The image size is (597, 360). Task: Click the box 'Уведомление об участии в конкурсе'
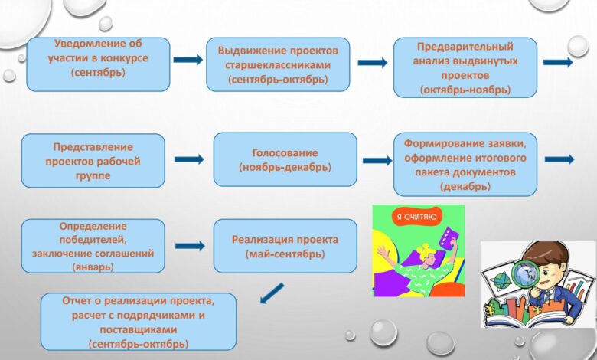click(98, 64)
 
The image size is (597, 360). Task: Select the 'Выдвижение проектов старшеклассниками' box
click(278, 64)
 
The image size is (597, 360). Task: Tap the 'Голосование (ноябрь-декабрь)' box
click(285, 159)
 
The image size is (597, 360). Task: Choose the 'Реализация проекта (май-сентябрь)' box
click(285, 246)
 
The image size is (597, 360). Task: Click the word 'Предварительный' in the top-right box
click(465, 47)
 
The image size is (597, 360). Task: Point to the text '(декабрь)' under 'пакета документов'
click(465, 187)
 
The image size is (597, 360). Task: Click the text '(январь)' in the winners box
click(93, 267)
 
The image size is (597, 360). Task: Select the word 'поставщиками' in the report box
click(139, 329)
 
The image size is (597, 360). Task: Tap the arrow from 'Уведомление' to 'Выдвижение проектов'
click(188, 60)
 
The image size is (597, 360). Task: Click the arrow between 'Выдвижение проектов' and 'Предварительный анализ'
click(373, 63)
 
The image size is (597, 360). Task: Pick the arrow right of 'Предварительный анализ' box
click(558, 62)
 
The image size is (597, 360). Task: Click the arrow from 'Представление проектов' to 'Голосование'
click(189, 159)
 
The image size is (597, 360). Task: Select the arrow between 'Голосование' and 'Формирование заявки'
click(377, 161)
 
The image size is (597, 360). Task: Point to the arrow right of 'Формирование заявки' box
click(559, 159)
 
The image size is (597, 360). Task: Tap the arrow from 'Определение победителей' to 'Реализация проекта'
click(190, 246)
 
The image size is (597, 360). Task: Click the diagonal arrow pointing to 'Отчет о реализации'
click(272, 293)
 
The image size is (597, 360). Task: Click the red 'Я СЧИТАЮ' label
click(415, 217)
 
